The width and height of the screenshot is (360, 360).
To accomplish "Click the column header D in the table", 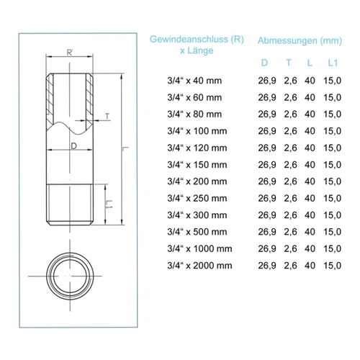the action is [x=264, y=63].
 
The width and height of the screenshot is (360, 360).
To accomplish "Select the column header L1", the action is [x=333, y=63].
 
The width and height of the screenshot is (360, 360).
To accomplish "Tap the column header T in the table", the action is [x=289, y=63].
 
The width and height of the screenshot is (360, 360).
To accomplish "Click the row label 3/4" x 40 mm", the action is [x=194, y=81].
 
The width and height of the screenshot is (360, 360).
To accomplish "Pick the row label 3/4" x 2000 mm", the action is [x=199, y=266].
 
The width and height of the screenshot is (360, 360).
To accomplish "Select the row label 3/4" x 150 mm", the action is [x=197, y=165].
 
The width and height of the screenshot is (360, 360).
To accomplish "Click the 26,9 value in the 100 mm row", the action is [x=267, y=131].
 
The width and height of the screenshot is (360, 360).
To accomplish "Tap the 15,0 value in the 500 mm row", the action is [x=332, y=232].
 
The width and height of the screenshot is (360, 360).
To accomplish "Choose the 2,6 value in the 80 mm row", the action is [x=290, y=114].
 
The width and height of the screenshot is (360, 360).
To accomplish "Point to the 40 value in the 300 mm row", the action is [x=310, y=215].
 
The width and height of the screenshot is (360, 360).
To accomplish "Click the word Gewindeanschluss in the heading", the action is [x=189, y=40].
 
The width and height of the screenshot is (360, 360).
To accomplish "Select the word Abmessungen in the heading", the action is [x=287, y=40].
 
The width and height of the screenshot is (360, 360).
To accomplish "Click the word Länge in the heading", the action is [x=200, y=50].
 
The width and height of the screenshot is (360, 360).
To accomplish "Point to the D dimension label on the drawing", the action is [x=74, y=145].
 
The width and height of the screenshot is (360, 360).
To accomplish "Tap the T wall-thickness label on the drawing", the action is [x=107, y=117].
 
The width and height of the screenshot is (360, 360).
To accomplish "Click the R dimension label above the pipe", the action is [x=70, y=53].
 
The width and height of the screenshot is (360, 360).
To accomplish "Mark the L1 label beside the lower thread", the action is [x=109, y=204].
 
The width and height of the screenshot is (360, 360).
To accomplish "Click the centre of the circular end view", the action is [x=70, y=276].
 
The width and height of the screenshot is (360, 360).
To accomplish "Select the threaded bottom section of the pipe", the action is [x=70, y=204].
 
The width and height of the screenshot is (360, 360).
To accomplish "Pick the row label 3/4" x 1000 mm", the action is [x=199, y=248].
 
